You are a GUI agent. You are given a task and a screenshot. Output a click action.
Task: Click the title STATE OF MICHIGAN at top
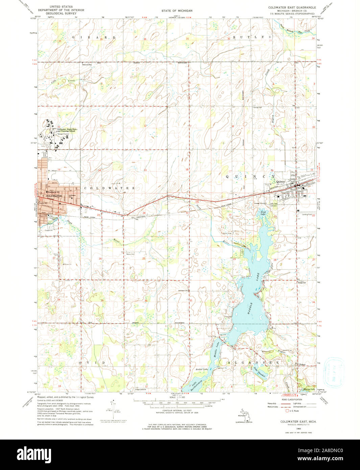(176, 11)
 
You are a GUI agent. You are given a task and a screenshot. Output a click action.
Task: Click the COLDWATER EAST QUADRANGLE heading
(292, 7)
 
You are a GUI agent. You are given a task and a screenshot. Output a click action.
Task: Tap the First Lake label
(263, 213)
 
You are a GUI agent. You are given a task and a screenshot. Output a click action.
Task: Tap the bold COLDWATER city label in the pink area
(54, 196)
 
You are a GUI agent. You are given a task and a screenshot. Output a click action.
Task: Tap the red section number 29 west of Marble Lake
(234, 259)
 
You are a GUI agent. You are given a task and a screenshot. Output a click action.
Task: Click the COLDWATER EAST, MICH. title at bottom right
(296, 422)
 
